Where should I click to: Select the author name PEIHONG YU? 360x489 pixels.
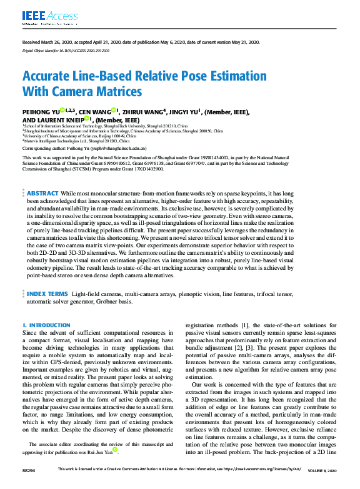[41, 112]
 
